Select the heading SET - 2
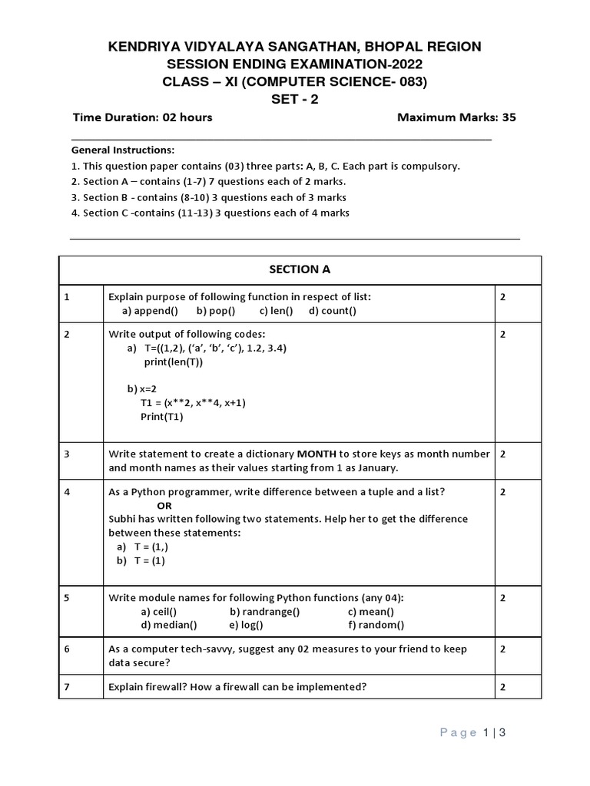295,98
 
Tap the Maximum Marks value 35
509,117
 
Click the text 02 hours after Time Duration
185,117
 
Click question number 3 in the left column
68,454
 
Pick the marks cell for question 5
503,597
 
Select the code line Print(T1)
161,417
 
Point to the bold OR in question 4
164,506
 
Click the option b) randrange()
264,611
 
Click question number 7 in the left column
68,687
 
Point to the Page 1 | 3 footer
473,733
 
